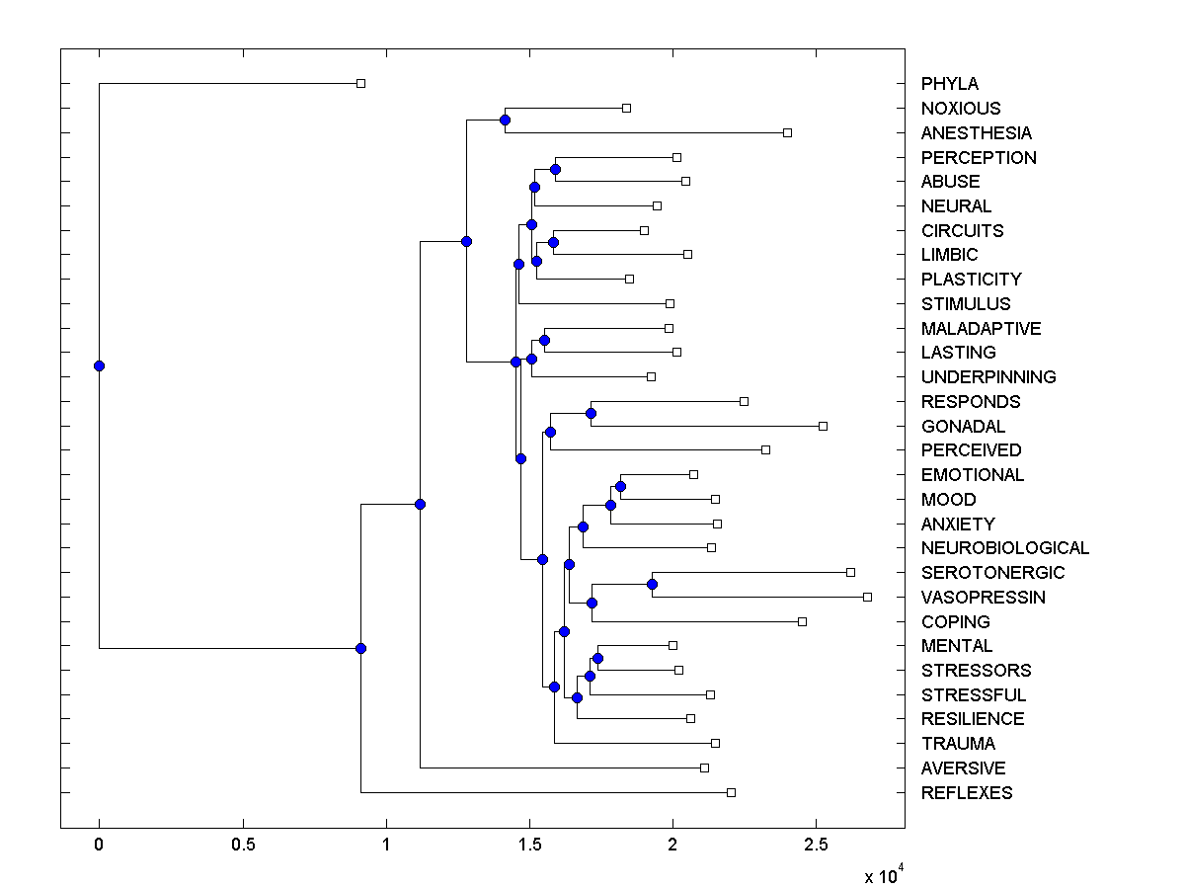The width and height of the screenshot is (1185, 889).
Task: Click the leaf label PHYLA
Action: click(949, 84)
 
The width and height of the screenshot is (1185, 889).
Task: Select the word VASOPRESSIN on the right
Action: click(983, 598)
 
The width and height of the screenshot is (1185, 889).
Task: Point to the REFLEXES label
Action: click(966, 793)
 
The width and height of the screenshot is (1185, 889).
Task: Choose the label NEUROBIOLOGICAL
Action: click(1004, 548)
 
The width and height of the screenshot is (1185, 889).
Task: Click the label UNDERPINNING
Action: click(987, 377)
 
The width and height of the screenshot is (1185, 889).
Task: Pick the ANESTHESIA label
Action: click(976, 133)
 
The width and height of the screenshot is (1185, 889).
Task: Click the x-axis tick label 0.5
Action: click(243, 846)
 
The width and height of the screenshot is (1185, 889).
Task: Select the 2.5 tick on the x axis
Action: click(816, 846)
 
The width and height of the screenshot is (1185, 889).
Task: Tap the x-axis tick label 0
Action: click(99, 846)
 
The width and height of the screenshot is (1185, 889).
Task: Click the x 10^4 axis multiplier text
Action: click(882, 875)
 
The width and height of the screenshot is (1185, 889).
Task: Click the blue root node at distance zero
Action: click(99, 365)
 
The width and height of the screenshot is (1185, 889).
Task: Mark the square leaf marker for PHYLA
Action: click(360, 84)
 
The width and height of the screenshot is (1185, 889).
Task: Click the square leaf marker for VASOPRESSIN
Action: click(867, 597)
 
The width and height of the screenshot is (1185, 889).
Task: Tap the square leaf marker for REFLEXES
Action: click(731, 792)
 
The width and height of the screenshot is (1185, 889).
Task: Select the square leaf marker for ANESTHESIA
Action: click(787, 132)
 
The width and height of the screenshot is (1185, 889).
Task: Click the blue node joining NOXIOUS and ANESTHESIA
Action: click(505, 121)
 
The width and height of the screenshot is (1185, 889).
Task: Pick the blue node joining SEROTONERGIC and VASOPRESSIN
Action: click(652, 584)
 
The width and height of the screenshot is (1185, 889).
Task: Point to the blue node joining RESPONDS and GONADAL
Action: click(591, 413)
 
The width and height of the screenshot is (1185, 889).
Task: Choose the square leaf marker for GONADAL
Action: click(823, 426)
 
